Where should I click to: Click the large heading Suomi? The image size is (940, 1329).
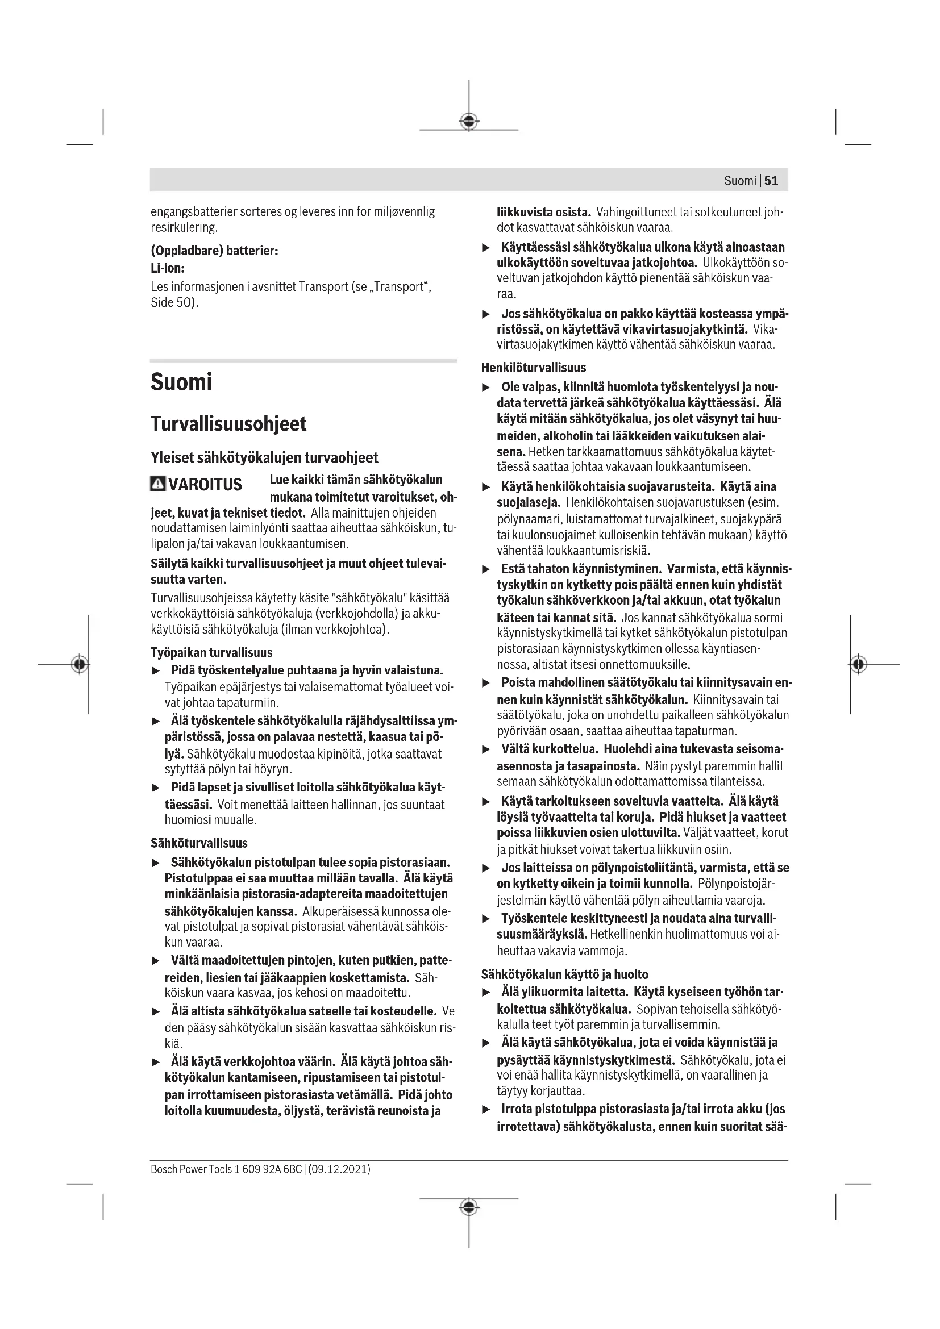[x=181, y=382]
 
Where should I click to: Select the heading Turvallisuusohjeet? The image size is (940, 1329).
[x=228, y=424]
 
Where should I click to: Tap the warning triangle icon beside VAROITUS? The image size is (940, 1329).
[x=157, y=484]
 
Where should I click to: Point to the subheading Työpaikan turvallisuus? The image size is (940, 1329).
[x=211, y=652]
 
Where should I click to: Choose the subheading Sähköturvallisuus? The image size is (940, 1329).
[x=198, y=843]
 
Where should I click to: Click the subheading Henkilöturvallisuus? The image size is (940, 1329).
[x=533, y=368]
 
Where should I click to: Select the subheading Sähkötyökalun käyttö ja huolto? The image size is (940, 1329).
[x=564, y=974]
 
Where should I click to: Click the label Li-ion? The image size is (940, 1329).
[x=167, y=269]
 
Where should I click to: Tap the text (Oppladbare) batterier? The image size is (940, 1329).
[x=214, y=251]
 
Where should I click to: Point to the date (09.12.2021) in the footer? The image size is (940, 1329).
[x=340, y=1169]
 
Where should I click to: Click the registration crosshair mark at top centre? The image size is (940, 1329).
[x=469, y=121]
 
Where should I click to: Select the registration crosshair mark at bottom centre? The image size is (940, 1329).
[x=469, y=1207]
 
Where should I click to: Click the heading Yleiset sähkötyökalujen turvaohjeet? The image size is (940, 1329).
[x=264, y=458]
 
